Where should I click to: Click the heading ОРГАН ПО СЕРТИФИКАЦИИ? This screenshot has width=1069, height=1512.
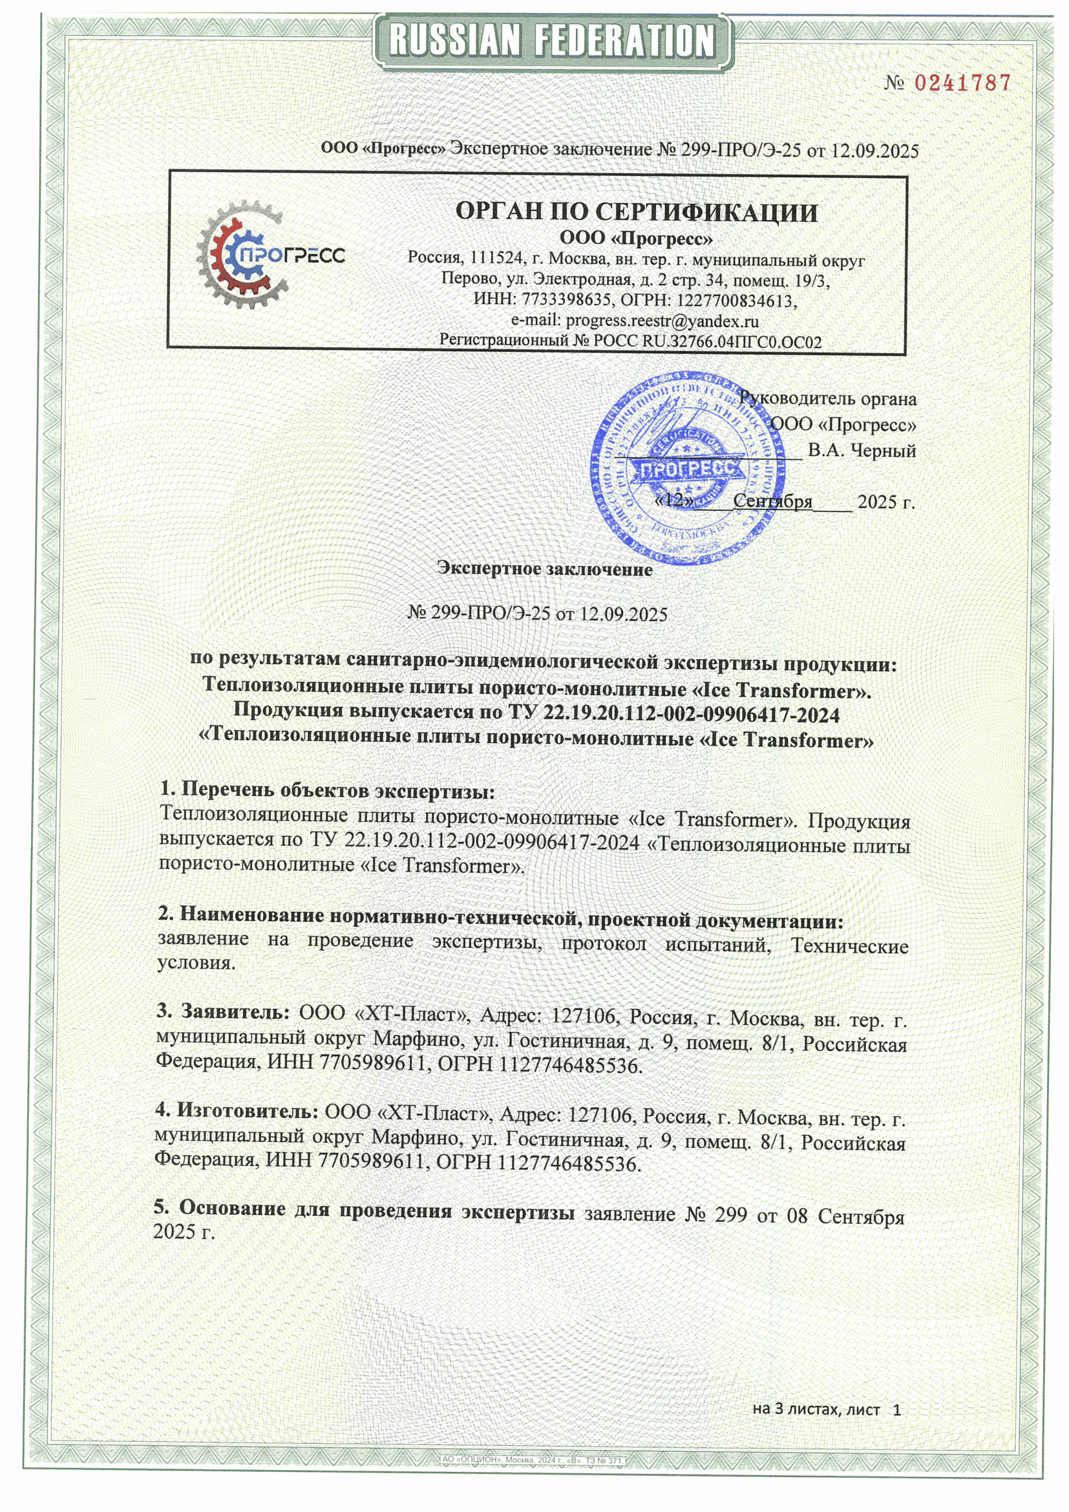coord(637,212)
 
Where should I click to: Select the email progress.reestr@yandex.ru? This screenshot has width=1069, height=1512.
coord(662,321)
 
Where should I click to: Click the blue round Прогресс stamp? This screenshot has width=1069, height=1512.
coord(688,469)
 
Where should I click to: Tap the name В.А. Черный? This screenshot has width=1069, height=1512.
coord(862,451)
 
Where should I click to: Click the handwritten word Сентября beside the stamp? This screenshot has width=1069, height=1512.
coord(773,501)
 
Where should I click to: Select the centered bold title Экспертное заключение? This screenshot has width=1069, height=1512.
coord(545,569)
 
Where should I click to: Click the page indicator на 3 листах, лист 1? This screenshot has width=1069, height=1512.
coord(826,1409)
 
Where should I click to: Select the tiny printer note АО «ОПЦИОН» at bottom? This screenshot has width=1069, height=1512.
coord(533,1460)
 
